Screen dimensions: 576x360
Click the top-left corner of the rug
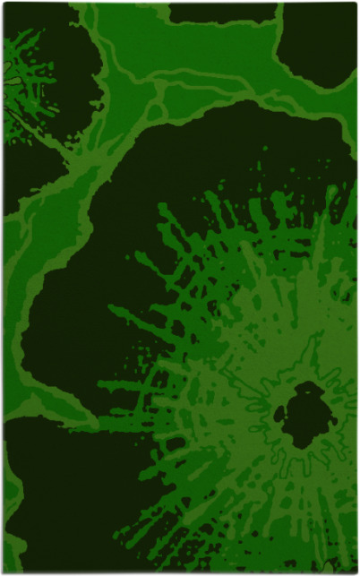pyautogui.click(x=4, y=4)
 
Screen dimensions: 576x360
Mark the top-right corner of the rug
pyautogui.click(x=356, y=4)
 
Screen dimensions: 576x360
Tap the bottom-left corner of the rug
pyautogui.click(x=4, y=572)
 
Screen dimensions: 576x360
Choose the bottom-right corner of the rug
pyautogui.click(x=356, y=572)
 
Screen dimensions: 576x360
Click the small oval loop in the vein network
pyautogui.click(x=157, y=112)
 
